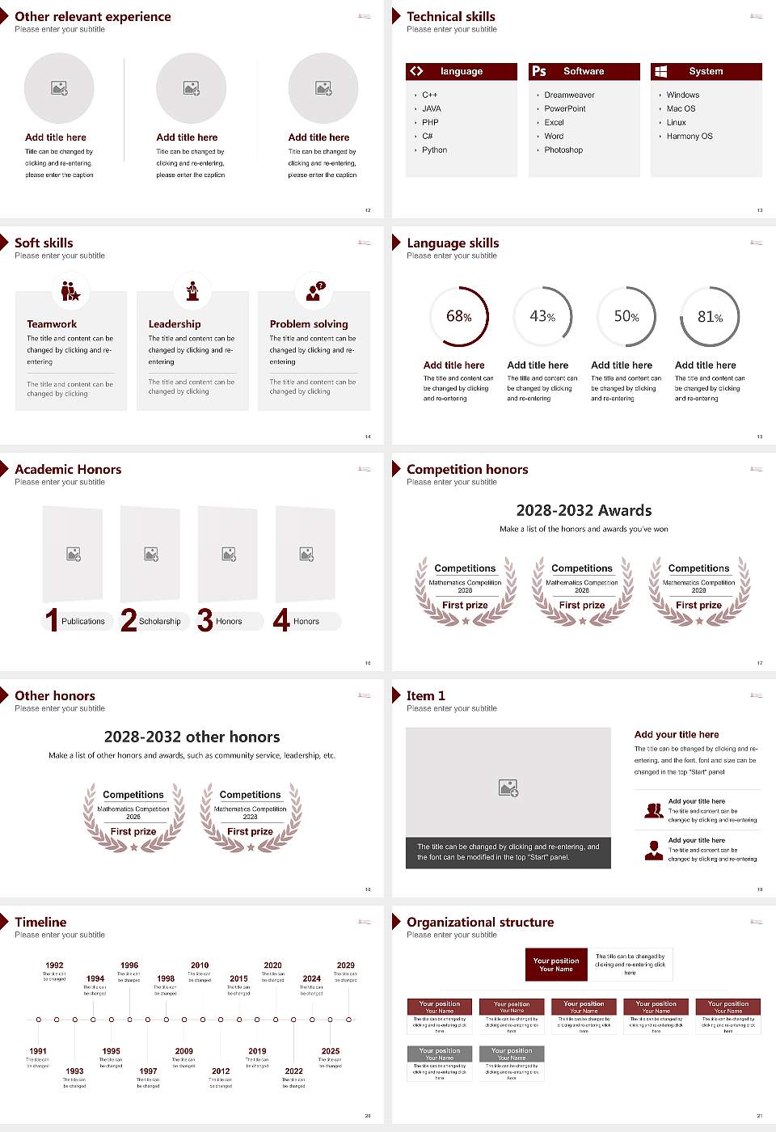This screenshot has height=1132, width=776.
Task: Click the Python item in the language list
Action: coord(434,150)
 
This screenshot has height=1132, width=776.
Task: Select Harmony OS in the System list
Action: coord(690,137)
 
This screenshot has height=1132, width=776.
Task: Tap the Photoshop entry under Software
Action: coord(563,150)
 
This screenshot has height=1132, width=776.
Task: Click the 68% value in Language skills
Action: coord(459,316)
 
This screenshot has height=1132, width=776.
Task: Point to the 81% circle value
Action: coord(710,317)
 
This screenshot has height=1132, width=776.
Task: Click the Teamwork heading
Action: coord(52,324)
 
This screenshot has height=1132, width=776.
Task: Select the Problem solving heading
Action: coord(309,324)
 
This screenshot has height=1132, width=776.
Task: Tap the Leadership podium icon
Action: coord(192,291)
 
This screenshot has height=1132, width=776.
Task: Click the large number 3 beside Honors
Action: coord(205,620)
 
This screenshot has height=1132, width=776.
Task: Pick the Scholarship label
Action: coord(159,622)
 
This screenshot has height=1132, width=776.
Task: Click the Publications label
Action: coord(83,622)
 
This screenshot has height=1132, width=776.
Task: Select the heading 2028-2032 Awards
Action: coord(584,510)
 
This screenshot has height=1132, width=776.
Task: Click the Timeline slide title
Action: coord(40,922)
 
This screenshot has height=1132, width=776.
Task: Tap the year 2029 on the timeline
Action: coord(345,965)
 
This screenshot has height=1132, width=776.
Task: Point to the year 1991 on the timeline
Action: coord(38,1052)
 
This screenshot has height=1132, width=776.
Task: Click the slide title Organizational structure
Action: coord(480,922)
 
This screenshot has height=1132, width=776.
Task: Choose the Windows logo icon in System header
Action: coord(660,71)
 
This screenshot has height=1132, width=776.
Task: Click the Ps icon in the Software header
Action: coord(539,71)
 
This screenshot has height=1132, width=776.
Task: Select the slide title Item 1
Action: coord(425,695)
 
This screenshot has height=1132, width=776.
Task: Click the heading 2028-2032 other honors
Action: coord(192,737)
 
